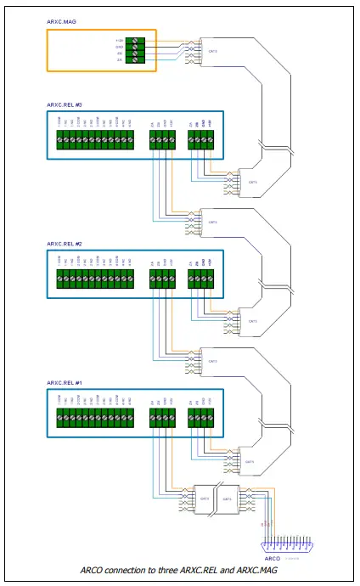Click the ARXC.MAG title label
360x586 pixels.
[x=60, y=24]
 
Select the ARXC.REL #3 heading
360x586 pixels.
[x=65, y=105]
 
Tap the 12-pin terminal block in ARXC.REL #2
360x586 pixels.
[x=94, y=279]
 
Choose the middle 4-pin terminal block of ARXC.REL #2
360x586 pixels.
[x=161, y=279]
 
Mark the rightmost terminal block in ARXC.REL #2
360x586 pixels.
[x=200, y=279]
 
